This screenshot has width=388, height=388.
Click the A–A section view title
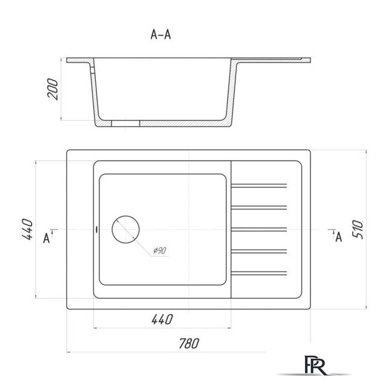pos(161,35)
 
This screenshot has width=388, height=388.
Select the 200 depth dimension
pos(53,89)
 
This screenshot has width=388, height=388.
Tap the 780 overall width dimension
pos(189,344)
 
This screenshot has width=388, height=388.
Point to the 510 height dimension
pos(358,229)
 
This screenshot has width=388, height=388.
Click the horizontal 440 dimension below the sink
pos(162,319)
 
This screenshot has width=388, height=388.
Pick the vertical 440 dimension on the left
pos(27,229)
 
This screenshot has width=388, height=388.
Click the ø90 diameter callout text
pos(159,250)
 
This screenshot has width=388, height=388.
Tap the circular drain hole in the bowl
pos(125,229)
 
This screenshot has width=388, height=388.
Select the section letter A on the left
pos(46,238)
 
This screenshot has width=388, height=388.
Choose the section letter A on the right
pos(339,237)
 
